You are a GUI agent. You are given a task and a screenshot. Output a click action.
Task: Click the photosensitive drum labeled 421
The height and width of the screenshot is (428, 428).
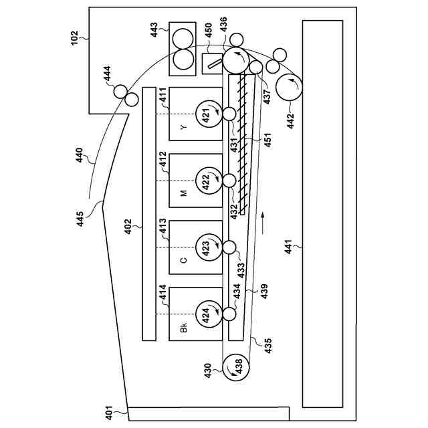[207, 114]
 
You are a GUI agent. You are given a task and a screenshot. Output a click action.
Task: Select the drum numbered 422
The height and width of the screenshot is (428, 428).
[207, 181]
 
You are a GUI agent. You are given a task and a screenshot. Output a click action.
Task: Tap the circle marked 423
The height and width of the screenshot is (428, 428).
[207, 247]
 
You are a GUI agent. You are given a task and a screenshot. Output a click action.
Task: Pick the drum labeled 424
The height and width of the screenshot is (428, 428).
[207, 313]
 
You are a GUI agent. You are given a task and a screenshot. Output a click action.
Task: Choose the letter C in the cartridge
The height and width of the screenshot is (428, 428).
[183, 260]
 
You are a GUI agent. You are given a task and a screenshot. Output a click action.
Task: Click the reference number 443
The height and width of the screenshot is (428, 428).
[154, 31]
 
